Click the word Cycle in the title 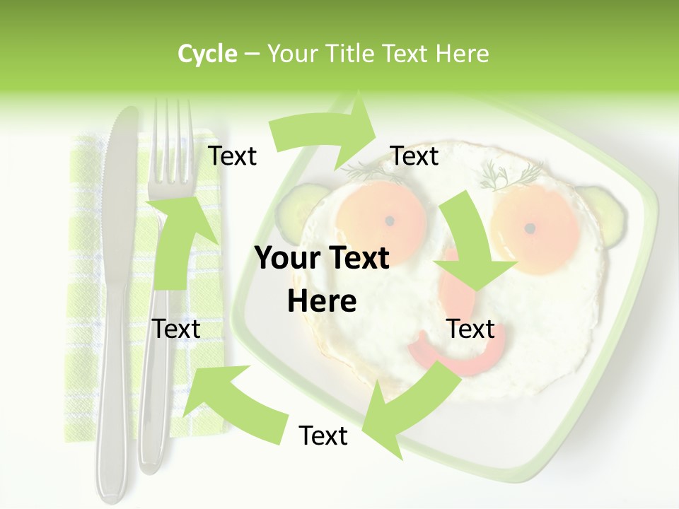207,54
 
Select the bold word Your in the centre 288,259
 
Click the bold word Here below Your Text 322,301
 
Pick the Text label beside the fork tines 232,156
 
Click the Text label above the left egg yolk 414,156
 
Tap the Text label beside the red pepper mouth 471,329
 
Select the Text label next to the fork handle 176,329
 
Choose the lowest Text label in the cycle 323,435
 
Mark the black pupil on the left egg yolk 389,221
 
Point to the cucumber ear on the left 294,211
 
